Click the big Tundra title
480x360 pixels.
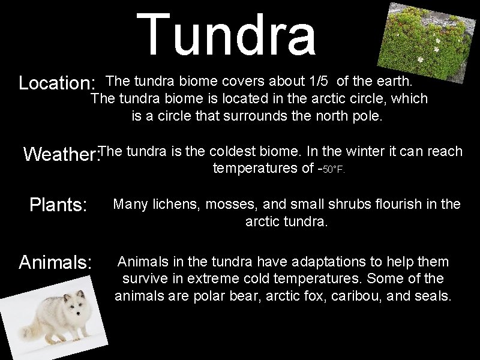(226, 35)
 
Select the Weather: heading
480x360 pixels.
(61, 155)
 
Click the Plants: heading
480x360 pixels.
(59, 206)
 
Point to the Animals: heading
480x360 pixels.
(55, 262)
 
